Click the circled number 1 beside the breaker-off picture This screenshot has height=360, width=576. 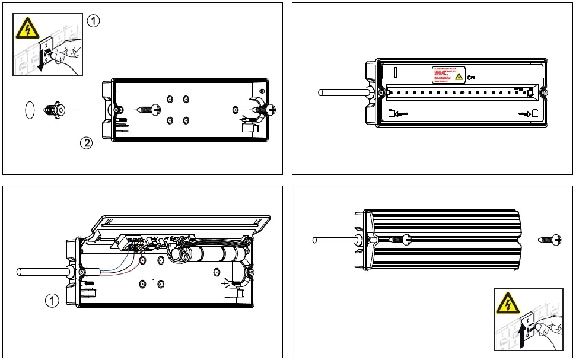coord(93,21)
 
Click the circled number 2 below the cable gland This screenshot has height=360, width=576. coord(86,143)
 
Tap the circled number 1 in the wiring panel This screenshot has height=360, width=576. coord(52,301)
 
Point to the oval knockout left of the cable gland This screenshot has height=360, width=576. coord(29,110)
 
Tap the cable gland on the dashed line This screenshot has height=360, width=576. coord(55,110)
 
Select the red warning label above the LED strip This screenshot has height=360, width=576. coord(448,75)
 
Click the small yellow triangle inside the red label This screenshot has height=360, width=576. coord(458,77)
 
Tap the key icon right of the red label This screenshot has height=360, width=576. coord(471,77)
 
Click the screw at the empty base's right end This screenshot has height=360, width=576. coord(265,110)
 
